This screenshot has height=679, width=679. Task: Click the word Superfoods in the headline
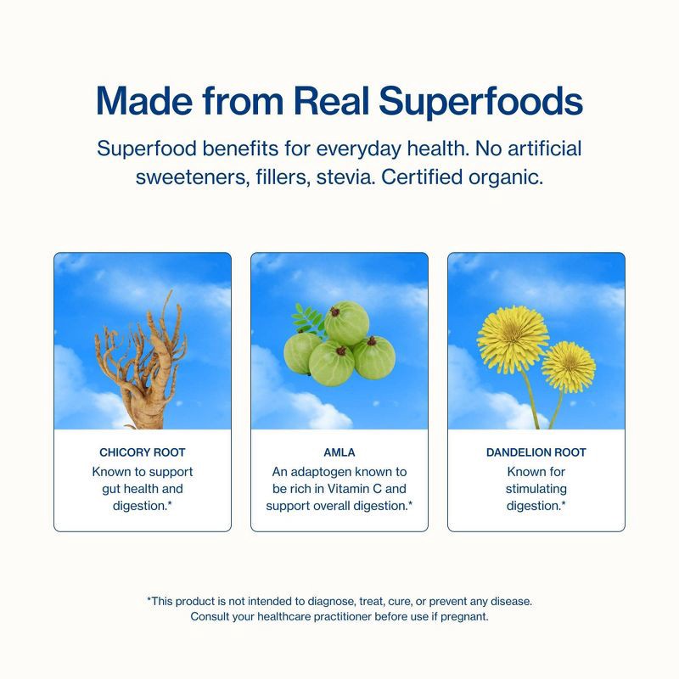click(x=480, y=102)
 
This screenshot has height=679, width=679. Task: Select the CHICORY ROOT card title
click(x=143, y=452)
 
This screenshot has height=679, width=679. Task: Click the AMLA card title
click(x=339, y=452)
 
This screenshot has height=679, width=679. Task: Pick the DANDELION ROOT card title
click(x=536, y=452)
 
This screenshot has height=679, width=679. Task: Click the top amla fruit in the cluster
click(x=347, y=323)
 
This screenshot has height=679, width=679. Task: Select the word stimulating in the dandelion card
click(x=536, y=489)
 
